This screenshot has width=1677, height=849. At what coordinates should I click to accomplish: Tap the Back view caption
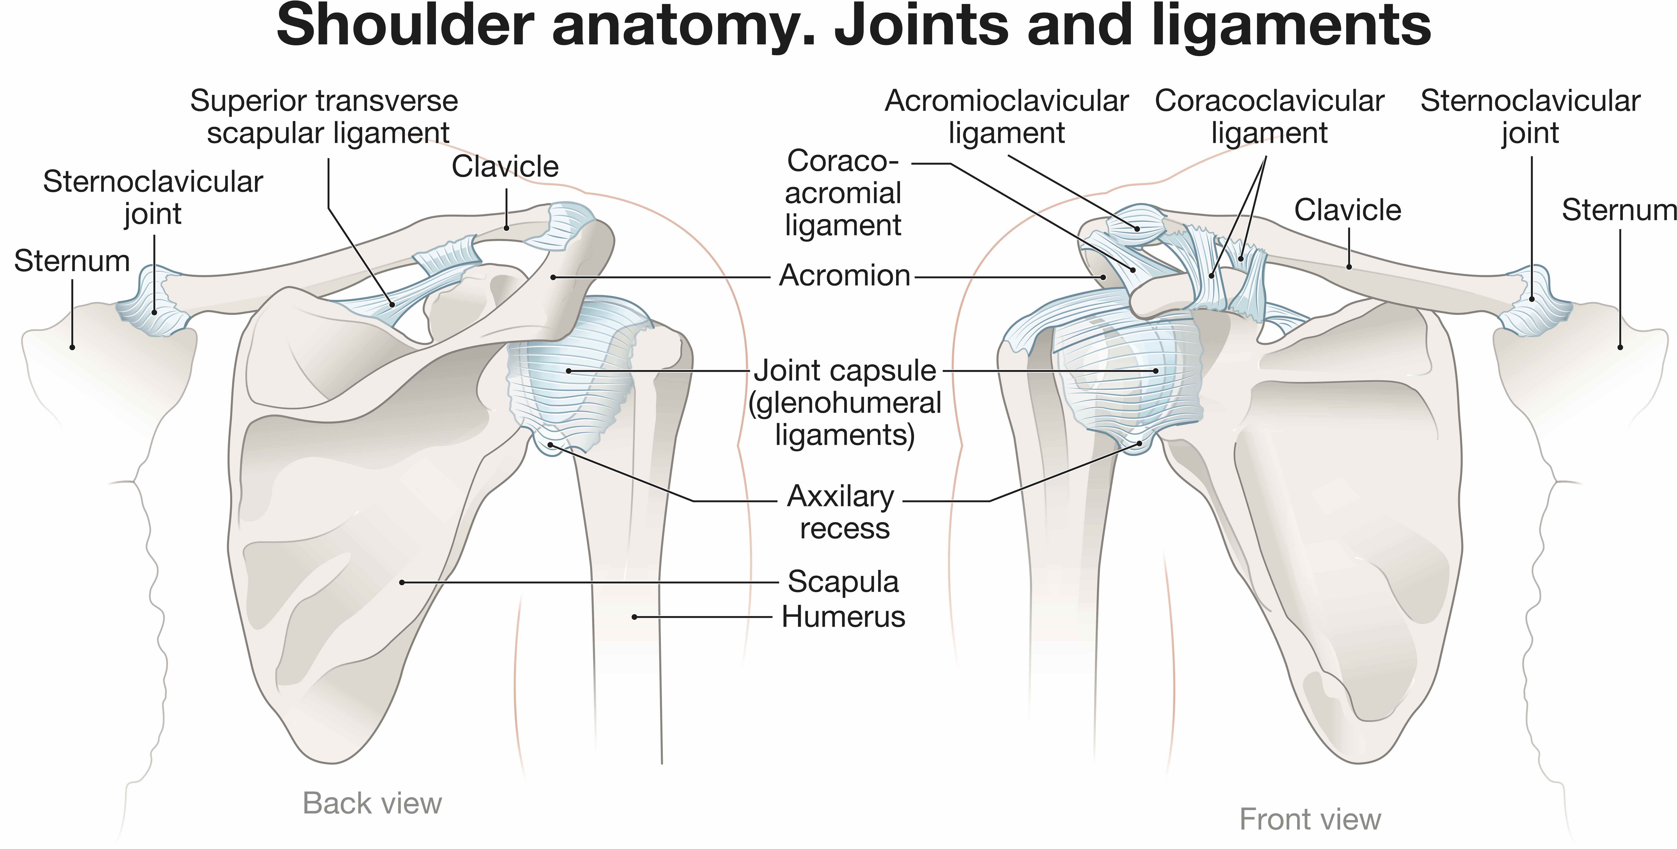372,803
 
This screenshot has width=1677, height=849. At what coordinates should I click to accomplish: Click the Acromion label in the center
844,275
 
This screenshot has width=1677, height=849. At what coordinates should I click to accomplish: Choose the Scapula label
843,581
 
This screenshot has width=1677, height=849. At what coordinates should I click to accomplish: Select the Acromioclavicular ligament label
1007,117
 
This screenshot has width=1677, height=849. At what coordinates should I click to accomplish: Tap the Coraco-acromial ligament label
843,193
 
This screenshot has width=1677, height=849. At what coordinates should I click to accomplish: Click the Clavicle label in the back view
505,167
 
